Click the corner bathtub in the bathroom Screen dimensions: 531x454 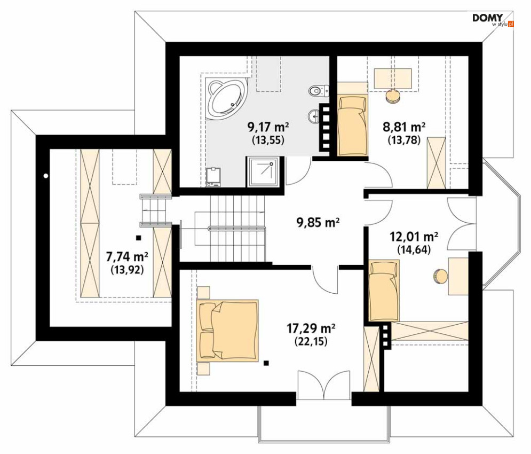tap(227, 99)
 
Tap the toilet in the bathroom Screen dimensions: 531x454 tap(319, 90)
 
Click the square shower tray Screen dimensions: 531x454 tap(264, 171)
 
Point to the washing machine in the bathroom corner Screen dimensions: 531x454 tap(213, 177)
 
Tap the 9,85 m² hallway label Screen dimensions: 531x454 tap(318, 222)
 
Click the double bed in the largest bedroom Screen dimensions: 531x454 tap(227, 330)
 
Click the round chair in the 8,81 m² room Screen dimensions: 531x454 tap(393, 96)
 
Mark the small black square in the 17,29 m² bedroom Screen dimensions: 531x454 tap(266, 363)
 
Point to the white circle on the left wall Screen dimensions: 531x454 tap(45, 176)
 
